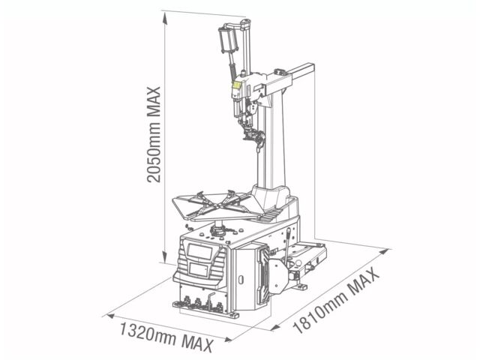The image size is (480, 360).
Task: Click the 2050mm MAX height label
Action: point(154,135)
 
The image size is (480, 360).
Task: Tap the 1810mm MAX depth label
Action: point(336,301)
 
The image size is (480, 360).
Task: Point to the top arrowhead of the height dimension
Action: point(165,18)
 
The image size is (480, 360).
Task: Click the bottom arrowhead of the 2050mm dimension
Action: point(165,257)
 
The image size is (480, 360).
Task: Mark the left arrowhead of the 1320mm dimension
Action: point(111,316)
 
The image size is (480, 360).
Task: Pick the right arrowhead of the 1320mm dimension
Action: point(228,340)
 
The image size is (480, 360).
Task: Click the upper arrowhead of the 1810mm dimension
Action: point(384,252)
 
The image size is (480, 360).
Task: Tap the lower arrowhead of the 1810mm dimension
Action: point(275,328)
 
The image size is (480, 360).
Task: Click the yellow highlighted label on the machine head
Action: point(236,85)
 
